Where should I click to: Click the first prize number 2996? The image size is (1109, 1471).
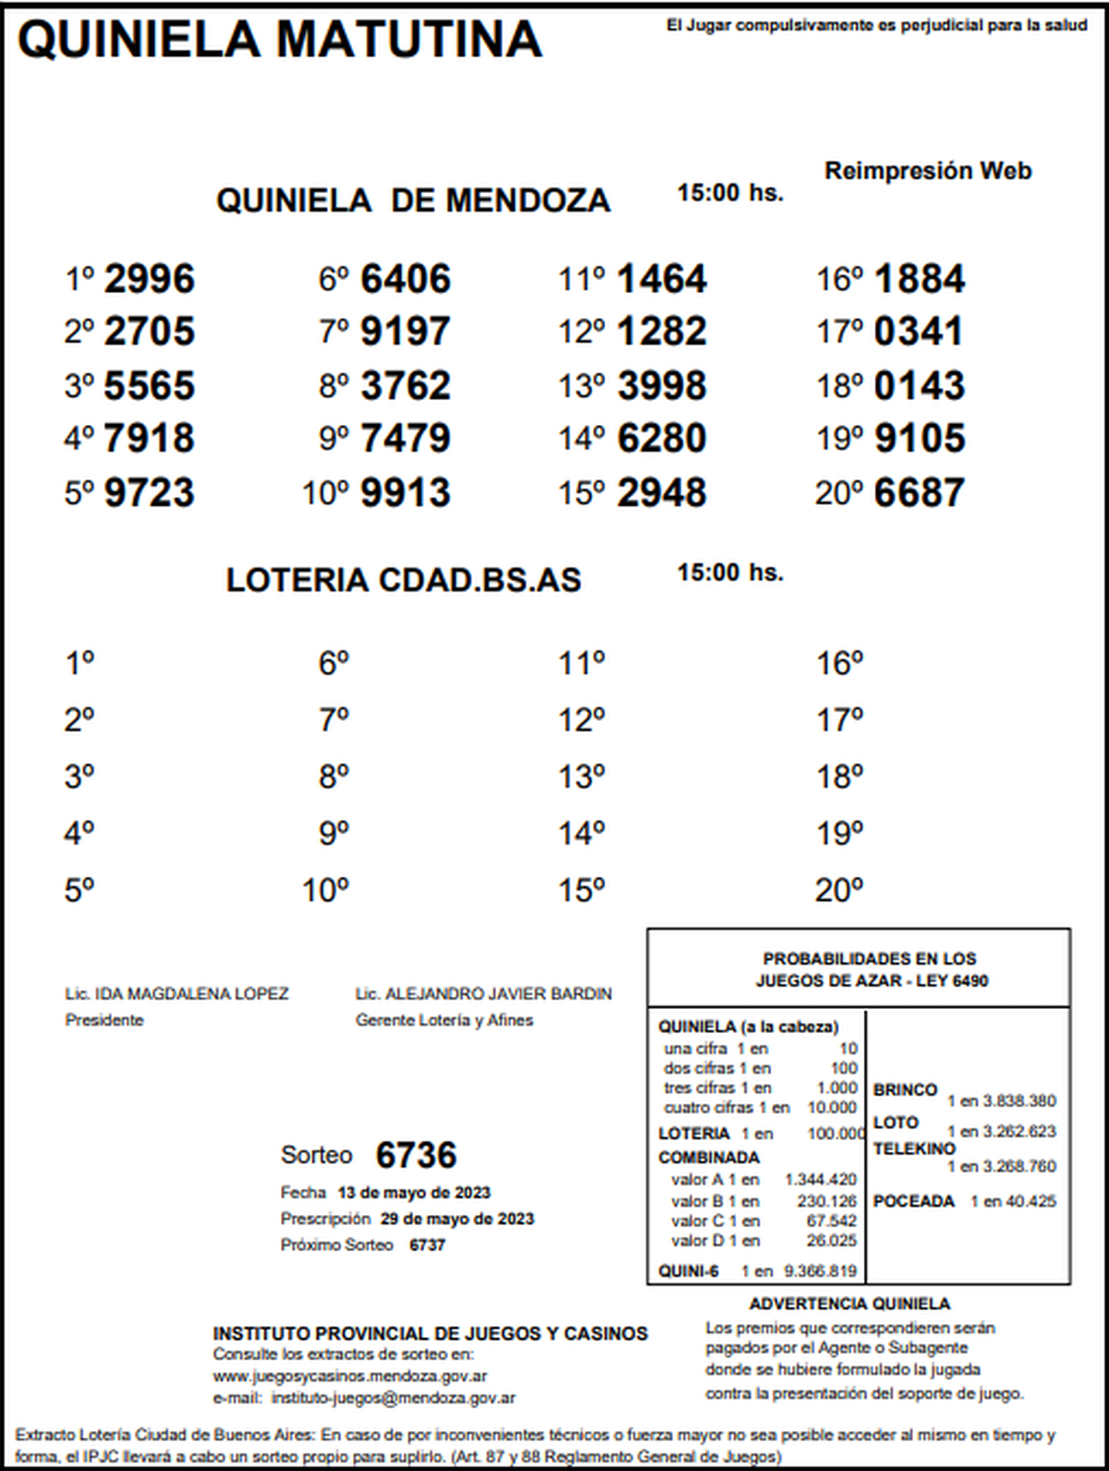150,279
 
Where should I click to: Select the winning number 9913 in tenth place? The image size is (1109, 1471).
406,493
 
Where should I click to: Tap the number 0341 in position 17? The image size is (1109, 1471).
919,332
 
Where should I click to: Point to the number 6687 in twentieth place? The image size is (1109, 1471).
919,493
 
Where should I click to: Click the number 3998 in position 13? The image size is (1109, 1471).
662,386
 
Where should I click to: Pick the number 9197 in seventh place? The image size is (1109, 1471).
406,332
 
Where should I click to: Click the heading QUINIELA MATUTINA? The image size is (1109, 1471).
279,40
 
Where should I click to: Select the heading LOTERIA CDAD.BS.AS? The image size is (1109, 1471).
404,580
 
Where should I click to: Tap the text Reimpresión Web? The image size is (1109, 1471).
928,171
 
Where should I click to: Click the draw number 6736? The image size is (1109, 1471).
416,1155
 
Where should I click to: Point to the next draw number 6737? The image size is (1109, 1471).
428,1245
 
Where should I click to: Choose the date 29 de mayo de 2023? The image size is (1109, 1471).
457,1219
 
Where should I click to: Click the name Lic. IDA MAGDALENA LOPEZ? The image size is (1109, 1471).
177,994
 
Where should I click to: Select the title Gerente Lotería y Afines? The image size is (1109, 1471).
445,1020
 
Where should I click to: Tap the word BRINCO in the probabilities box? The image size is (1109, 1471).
905,1090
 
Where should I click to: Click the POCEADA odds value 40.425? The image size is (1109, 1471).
1032,1201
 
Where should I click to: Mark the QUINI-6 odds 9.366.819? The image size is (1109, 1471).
820,1271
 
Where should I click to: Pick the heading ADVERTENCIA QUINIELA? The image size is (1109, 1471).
849,1304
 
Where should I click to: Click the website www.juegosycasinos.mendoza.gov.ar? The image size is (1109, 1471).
350,1377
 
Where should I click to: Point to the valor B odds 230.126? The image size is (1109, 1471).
827,1201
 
